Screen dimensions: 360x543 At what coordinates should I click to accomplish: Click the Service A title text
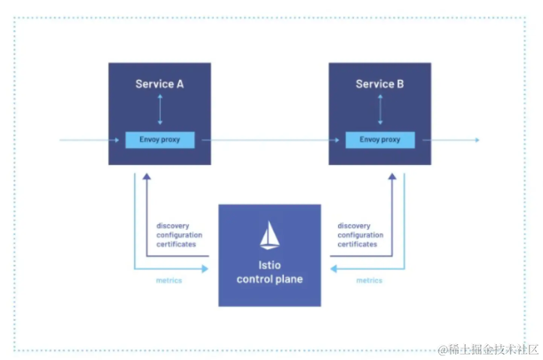pyautogui.click(x=160, y=84)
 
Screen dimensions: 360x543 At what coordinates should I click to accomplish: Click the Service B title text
pyautogui.click(x=380, y=84)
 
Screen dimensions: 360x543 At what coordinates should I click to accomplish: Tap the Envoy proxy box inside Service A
pyautogui.click(x=160, y=140)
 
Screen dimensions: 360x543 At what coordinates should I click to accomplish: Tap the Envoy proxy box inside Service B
pyautogui.click(x=379, y=140)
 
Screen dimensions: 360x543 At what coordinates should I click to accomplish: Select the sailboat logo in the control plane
pyautogui.click(x=270, y=235)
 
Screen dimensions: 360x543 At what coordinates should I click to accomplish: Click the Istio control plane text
pyautogui.click(x=270, y=272)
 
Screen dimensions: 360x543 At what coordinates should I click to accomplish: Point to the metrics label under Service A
pyautogui.click(x=169, y=280)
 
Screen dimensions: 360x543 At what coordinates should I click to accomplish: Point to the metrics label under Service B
pyautogui.click(x=369, y=280)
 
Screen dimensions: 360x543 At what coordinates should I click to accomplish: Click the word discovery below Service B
pyautogui.click(x=354, y=225)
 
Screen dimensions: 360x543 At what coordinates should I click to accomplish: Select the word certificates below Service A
pyautogui.click(x=177, y=244)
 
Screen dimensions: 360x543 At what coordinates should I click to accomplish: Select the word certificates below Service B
pyautogui.click(x=358, y=244)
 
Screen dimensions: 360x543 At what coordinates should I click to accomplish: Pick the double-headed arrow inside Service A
pyautogui.click(x=160, y=110)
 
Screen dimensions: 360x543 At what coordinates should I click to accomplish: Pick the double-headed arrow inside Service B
pyautogui.click(x=380, y=110)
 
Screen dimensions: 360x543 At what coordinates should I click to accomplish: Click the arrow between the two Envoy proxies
pyautogui.click(x=270, y=140)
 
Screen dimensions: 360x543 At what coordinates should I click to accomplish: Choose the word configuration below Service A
pyautogui.click(x=178, y=235)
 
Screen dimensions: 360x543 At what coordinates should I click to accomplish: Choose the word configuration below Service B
pyautogui.click(x=359, y=235)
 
